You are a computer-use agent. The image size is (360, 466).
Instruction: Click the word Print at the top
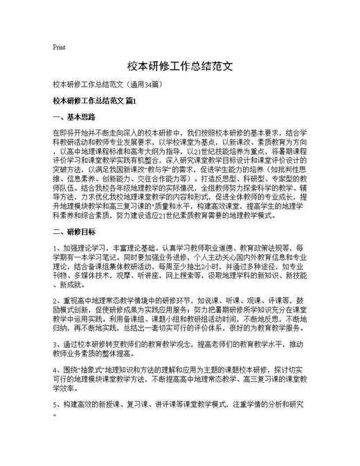59,48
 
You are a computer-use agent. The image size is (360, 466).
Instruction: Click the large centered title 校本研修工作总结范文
179,67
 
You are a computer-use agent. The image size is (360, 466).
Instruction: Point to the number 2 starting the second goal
55,302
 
